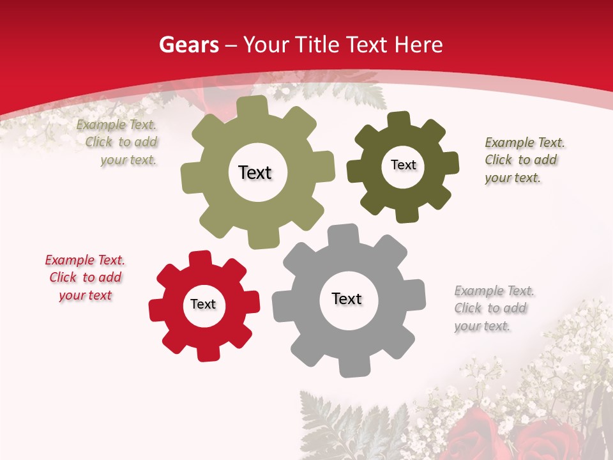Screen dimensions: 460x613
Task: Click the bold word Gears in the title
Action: tap(188, 45)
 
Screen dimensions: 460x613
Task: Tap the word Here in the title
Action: tap(418, 45)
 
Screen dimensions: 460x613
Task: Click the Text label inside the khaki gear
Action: tap(255, 172)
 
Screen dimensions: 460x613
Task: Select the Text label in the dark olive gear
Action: tap(403, 165)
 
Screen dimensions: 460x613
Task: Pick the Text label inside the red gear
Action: tap(203, 304)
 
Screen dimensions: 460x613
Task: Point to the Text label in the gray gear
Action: tap(347, 298)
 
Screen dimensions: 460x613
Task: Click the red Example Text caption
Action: tap(85, 277)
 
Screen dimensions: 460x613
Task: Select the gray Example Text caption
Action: tap(494, 308)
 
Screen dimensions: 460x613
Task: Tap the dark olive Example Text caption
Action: tap(524, 160)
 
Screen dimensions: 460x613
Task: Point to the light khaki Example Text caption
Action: tap(117, 142)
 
